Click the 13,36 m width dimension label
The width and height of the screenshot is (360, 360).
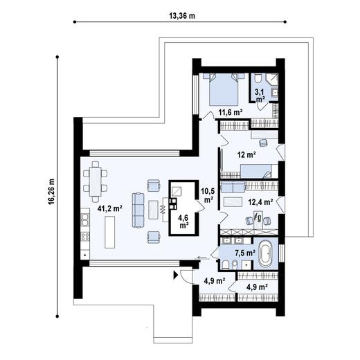pos(182,16)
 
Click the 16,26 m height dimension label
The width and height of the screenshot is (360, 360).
pos(51,191)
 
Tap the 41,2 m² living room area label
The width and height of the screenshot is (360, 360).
pos(110,208)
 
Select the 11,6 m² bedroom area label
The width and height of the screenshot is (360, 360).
pos(231,112)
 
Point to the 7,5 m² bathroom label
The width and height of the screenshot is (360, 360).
pos(245,253)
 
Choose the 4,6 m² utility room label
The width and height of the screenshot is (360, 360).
pos(183,221)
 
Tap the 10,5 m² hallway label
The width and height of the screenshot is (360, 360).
pos(208,195)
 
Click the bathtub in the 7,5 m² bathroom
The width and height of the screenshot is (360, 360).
pos(266,253)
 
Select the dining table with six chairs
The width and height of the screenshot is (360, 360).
pos(96,181)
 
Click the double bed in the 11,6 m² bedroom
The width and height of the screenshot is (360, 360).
pos(224,89)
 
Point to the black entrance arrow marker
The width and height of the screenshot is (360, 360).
pos(176,275)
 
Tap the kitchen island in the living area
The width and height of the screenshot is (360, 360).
pos(110,232)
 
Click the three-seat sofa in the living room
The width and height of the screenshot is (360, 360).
pos(138,210)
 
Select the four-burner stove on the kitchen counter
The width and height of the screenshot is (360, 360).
pos(85,236)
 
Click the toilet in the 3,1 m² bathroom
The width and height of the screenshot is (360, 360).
pos(258,78)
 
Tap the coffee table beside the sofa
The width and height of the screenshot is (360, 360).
pos(153,210)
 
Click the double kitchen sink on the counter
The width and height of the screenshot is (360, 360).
pos(84,219)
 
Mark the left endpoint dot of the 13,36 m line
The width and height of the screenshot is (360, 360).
pos(75,22)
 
